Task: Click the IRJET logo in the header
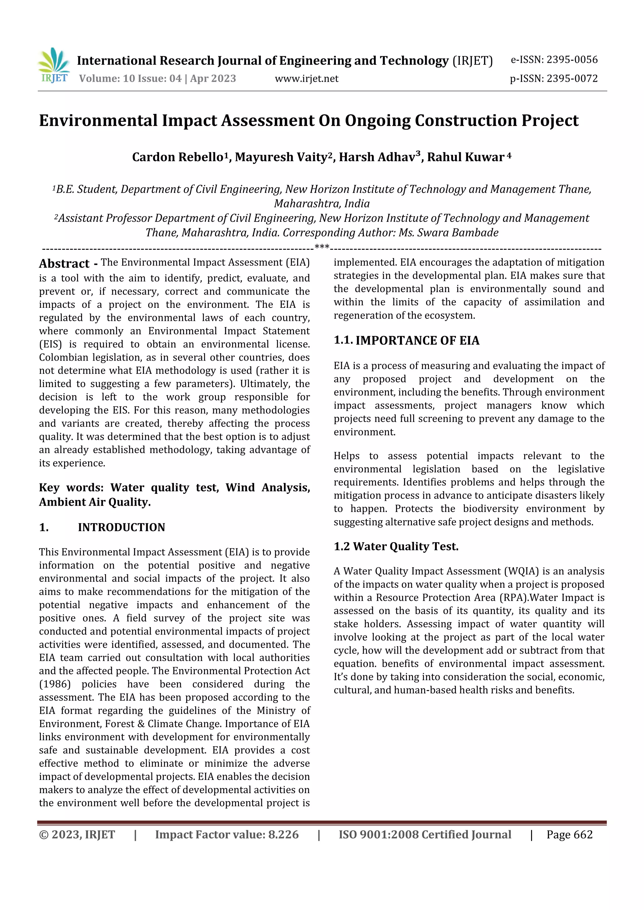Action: click(x=54, y=65)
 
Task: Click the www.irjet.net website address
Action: click(x=306, y=79)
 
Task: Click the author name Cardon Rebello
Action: click(x=178, y=157)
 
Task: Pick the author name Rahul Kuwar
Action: click(x=465, y=157)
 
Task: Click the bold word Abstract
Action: click(x=64, y=264)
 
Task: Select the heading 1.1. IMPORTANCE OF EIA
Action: click(x=406, y=341)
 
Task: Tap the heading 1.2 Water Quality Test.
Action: click(x=396, y=547)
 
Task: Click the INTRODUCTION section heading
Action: click(x=121, y=527)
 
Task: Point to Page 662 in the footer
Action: click(x=569, y=835)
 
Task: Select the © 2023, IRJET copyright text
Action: click(x=77, y=835)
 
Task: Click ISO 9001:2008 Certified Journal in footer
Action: click(x=425, y=835)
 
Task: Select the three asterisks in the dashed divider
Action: click(x=322, y=247)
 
